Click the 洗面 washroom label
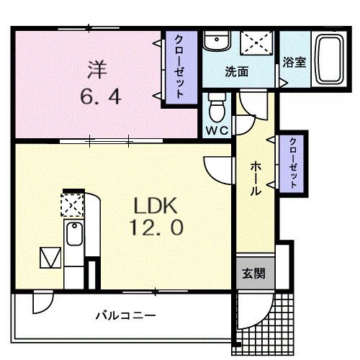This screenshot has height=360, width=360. pos(236,72)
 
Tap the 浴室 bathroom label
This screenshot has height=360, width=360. pos(294,63)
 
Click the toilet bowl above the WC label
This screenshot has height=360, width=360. pos(216,110)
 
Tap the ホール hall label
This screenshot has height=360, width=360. pos(256,178)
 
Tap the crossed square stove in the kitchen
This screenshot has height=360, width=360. pos(73,205)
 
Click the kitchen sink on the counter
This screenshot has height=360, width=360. pos(73,234)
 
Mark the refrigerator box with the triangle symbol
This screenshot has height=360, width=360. pos(50,257)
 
